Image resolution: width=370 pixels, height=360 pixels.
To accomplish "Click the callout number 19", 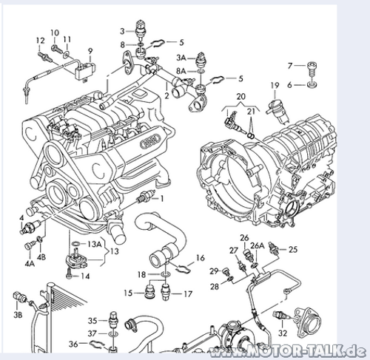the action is pyautogui.click(x=275, y=86).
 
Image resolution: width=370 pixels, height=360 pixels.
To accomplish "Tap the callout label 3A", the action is pyautogui.click(x=181, y=58).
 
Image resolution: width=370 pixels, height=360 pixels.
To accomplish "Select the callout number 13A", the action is pyautogui.click(x=95, y=244).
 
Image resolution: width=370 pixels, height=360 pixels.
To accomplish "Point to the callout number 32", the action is pyautogui.click(x=283, y=333).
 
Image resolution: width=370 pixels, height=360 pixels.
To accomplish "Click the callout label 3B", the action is pyautogui.click(x=18, y=315).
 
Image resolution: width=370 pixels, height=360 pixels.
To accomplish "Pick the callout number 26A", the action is pyautogui.click(x=258, y=245).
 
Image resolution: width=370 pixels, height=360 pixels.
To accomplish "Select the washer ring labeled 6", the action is pyautogui.click(x=312, y=85).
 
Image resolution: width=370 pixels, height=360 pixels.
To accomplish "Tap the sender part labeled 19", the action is pyautogui.click(x=277, y=111).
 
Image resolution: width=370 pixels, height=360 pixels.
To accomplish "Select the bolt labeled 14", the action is pyautogui.click(x=69, y=274).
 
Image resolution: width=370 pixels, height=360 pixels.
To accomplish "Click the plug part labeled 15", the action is pyautogui.click(x=149, y=292).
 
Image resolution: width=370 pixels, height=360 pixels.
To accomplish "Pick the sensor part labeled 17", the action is pyautogui.click(x=165, y=292).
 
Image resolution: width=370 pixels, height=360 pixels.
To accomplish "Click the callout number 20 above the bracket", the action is pyautogui.click(x=240, y=96).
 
